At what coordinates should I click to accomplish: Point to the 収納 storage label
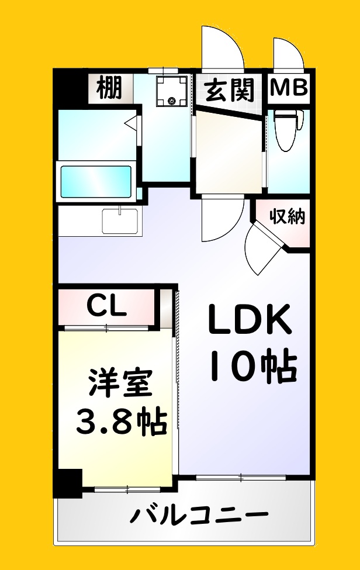click(288, 217)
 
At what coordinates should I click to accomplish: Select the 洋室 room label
click(120, 384)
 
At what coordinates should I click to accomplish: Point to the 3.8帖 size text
click(120, 419)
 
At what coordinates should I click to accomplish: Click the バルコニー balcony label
click(199, 516)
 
